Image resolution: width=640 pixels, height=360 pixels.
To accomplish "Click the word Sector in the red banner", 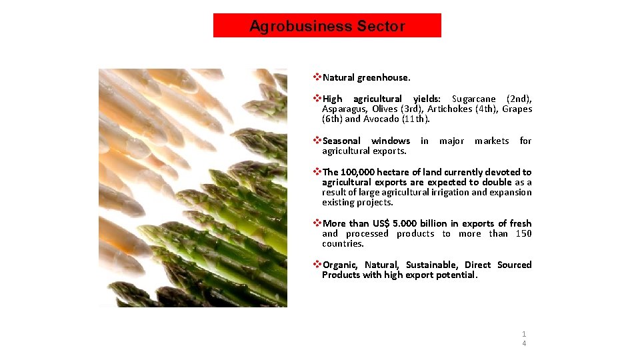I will [x=381, y=27].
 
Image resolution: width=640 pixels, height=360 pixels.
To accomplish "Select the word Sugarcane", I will [x=474, y=99].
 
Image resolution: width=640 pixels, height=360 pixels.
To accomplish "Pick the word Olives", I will [x=385, y=109].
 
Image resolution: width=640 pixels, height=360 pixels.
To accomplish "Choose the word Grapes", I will [x=517, y=109].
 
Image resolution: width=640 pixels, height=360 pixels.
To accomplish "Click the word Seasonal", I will [x=341, y=141].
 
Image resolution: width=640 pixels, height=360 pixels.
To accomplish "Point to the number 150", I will [x=523, y=233].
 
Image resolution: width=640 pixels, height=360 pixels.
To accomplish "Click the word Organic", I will [x=341, y=265].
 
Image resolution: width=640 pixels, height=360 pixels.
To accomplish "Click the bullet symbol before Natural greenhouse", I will [x=317, y=78].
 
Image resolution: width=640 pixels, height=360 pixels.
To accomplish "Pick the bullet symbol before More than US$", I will [x=317, y=223].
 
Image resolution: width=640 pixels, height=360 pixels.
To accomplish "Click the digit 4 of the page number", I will [x=524, y=343].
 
